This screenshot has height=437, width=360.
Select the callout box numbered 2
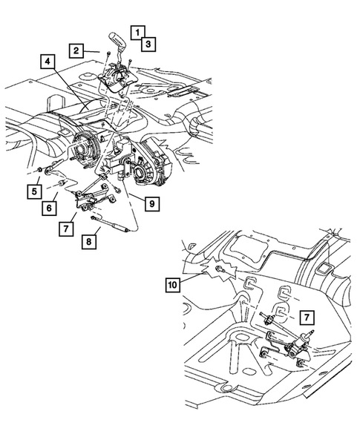click(x=76, y=50)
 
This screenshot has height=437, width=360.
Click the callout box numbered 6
click(x=48, y=208)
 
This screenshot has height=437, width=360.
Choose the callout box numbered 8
click(x=89, y=241)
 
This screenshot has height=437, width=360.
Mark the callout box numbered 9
click(x=150, y=202)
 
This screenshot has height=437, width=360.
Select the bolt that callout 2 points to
click(x=108, y=54)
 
